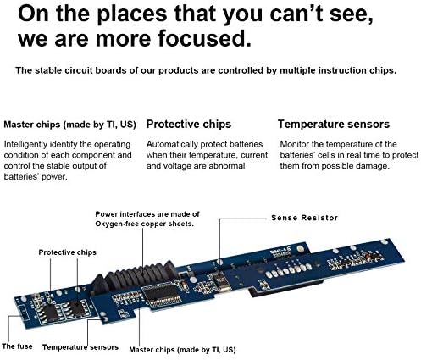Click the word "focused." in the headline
[204, 38]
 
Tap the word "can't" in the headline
[296, 14]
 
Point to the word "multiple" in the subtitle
[297, 70]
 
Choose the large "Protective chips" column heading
[189, 125]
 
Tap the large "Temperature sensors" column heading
[334, 125]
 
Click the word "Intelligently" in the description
[25, 145]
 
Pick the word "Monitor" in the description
[294, 144]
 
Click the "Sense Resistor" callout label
[304, 218]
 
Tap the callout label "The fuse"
[17, 346]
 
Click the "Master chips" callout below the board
[182, 350]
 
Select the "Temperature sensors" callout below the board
[80, 347]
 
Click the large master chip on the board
[162, 296]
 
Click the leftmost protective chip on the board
[51, 313]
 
